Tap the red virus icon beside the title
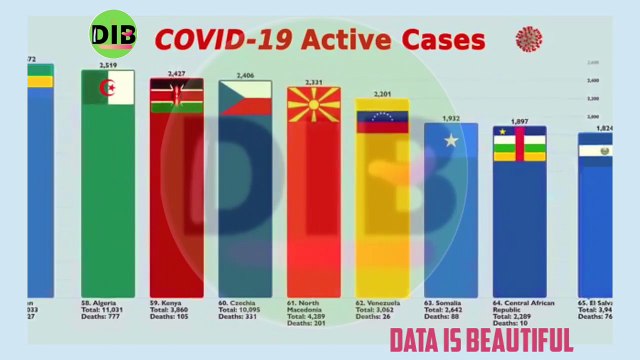click(528, 40)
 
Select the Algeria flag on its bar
click(107, 88)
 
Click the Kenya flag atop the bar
click(176, 97)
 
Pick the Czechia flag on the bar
click(245, 98)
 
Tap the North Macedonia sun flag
click(313, 105)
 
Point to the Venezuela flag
click(383, 119)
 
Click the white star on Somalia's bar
click(451, 141)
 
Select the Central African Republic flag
click(520, 143)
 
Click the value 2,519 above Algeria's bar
click(108, 65)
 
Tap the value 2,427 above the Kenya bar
click(176, 73)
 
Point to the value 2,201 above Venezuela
click(383, 94)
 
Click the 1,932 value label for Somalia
click(451, 118)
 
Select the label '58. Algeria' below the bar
click(103, 302)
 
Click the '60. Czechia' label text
click(240, 302)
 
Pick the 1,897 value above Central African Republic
click(520, 121)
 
